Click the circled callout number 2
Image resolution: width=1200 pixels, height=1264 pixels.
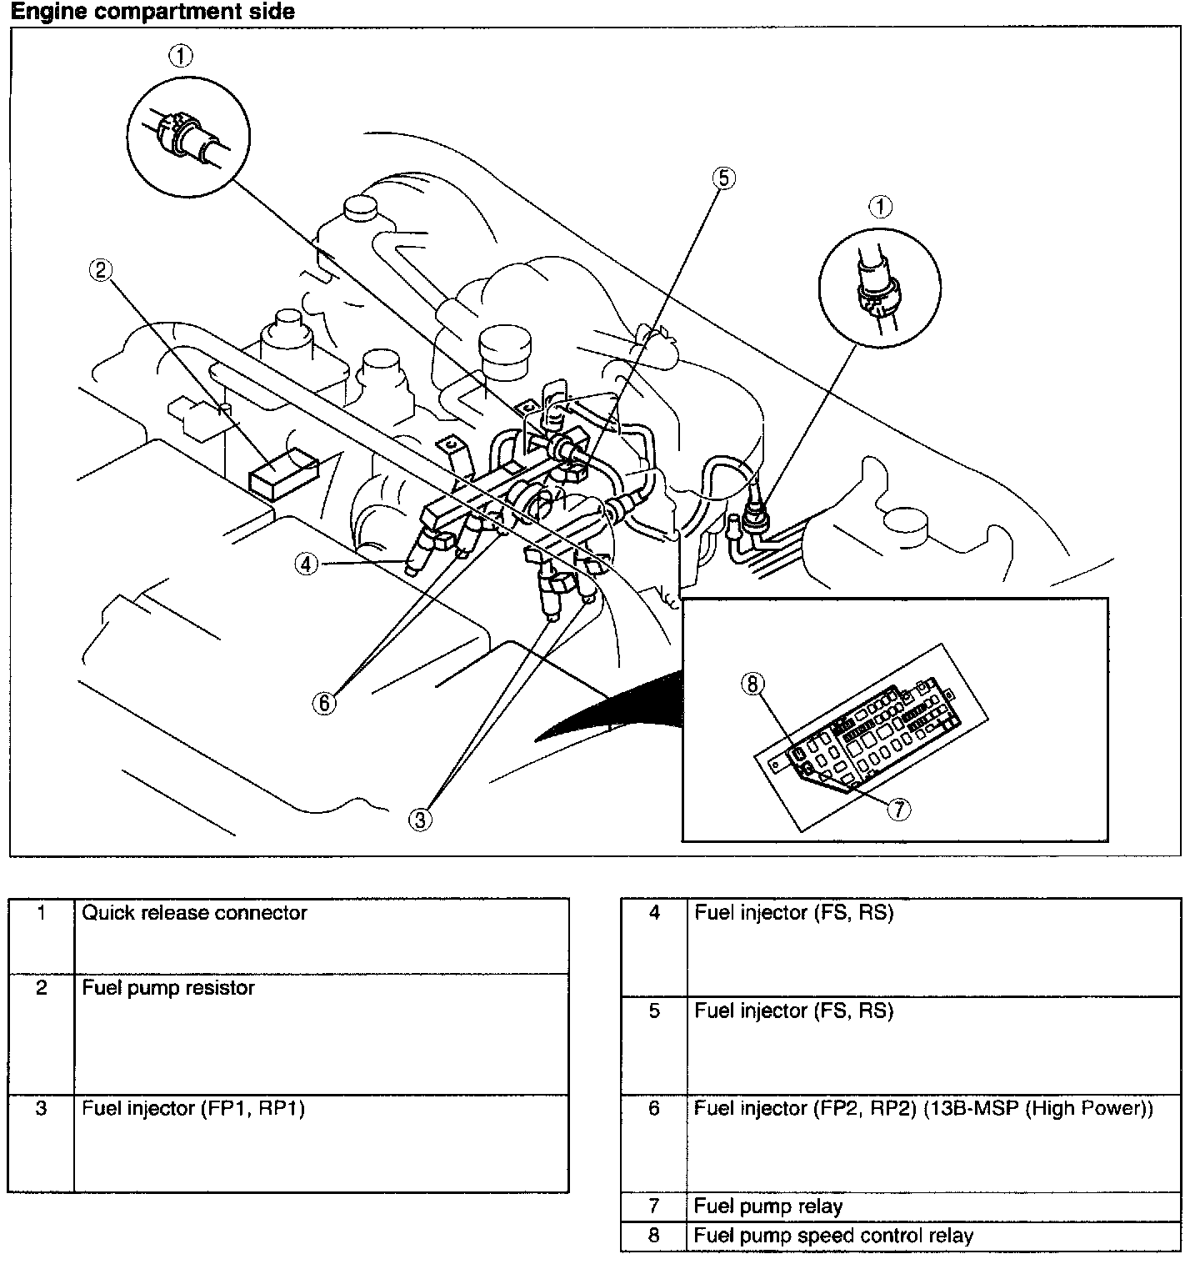pos(101,270)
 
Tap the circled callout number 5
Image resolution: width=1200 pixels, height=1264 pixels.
pos(723,178)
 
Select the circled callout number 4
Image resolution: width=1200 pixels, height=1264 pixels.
pos(306,564)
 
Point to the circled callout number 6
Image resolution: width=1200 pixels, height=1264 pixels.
pos(324,703)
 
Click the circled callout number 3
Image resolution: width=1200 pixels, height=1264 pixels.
pos(421,820)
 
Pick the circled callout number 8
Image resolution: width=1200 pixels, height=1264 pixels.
pos(752,685)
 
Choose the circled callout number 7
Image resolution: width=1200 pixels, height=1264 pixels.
pos(897,808)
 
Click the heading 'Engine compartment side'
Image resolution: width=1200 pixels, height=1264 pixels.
pos(152,12)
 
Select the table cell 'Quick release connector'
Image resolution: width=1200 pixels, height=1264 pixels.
pos(194,913)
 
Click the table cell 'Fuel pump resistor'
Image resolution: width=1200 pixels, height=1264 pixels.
pos(168,988)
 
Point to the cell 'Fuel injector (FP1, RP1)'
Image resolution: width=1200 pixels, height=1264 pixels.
pos(193,1109)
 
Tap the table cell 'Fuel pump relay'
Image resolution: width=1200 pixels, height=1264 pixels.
pos(767,1206)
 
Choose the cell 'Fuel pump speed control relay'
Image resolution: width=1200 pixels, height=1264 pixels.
pos(833,1236)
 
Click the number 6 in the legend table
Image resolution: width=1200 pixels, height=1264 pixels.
pos(654,1109)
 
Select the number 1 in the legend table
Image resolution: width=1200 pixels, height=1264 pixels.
pos(41,913)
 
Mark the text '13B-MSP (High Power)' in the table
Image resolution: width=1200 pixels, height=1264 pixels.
pos(1038,1109)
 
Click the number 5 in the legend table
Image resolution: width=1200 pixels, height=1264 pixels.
pos(654,1011)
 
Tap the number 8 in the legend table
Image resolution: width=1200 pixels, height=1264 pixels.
pos(654,1236)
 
